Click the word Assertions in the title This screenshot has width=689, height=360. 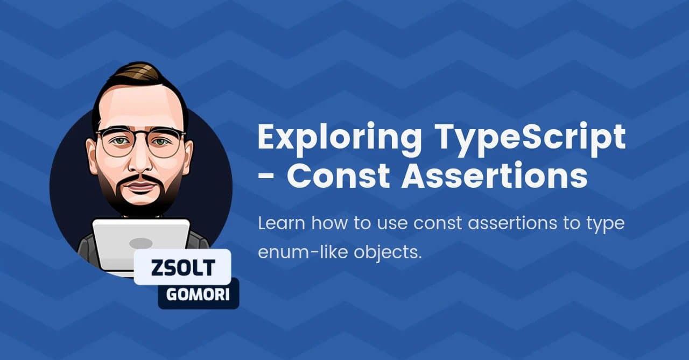click(x=495, y=175)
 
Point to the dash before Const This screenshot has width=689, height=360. click(x=266, y=178)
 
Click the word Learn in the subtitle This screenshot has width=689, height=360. click(x=282, y=223)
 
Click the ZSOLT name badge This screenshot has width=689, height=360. click(x=182, y=267)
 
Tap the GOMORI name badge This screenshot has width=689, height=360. click(x=198, y=294)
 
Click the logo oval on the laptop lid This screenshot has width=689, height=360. click(x=141, y=243)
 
